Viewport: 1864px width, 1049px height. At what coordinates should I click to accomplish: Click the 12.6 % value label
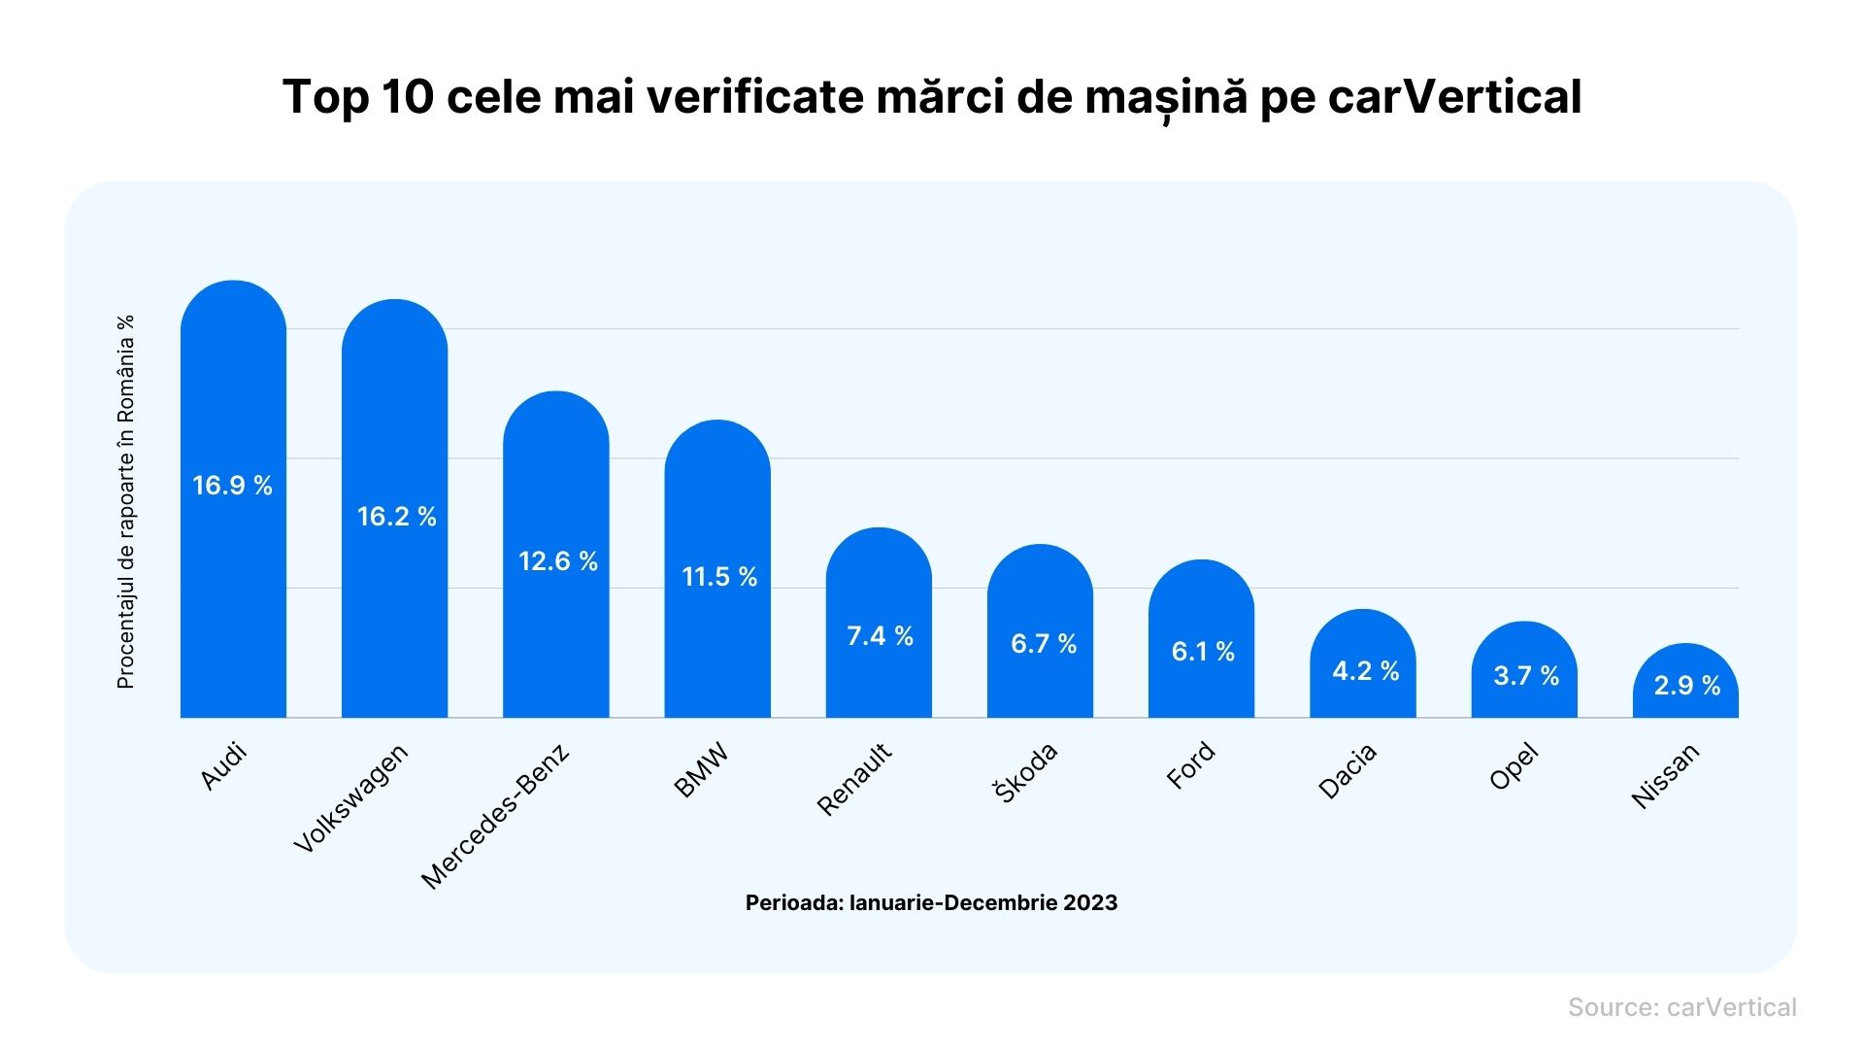pyautogui.click(x=557, y=561)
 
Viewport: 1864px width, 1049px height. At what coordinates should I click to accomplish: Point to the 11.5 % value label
pyautogui.click(x=718, y=577)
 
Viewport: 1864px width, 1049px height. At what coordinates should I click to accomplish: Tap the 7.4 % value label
pyautogui.click(x=880, y=636)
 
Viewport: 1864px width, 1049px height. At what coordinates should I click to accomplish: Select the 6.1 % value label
pyautogui.click(x=1202, y=652)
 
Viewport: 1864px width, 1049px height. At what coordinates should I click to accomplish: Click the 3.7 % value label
pyautogui.click(x=1525, y=676)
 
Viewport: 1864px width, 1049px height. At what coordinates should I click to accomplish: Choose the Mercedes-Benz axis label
pyautogui.click(x=495, y=817)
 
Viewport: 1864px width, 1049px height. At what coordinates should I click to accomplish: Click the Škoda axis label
pyautogui.click(x=1025, y=773)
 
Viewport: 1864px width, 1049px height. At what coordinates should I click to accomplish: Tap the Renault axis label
pyautogui.click(x=853, y=779)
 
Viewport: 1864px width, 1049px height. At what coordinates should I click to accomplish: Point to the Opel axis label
pyautogui.click(x=1514, y=766)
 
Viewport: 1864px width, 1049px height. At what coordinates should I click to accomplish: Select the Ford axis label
pyautogui.click(x=1190, y=765)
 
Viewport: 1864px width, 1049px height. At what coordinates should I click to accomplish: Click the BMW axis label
pyautogui.click(x=700, y=771)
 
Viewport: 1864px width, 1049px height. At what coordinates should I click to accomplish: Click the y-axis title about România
pyautogui.click(x=125, y=501)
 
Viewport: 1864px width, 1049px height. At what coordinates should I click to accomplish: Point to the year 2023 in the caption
pyautogui.click(x=1089, y=903)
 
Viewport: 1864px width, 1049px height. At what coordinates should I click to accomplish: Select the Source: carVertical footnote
pyautogui.click(x=1681, y=1007)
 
